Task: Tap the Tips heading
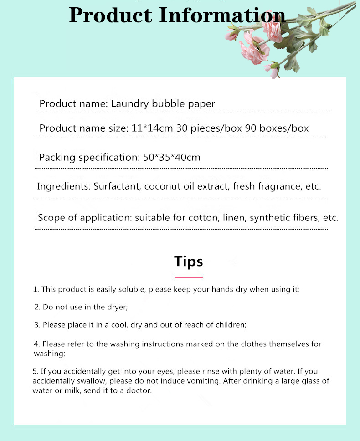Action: tap(189, 262)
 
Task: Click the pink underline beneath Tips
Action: tap(189, 277)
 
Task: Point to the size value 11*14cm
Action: tap(152, 128)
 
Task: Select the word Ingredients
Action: tap(63, 187)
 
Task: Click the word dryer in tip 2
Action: tap(117, 307)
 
